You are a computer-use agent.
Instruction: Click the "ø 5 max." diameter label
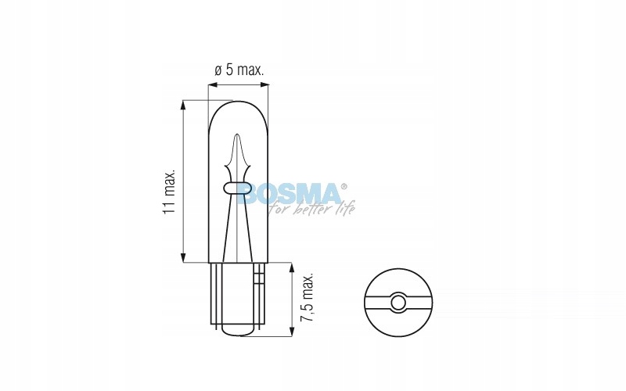click(x=239, y=70)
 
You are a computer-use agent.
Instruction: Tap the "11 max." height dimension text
click(x=169, y=192)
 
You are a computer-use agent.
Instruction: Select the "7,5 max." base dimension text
click(x=307, y=298)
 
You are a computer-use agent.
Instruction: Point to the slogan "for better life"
click(x=311, y=208)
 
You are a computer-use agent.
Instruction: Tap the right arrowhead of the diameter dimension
click(x=264, y=84)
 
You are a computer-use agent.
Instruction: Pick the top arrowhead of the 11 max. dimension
click(x=183, y=105)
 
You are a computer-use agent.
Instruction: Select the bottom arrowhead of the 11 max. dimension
click(x=183, y=258)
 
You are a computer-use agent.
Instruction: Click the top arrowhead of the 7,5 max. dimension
click(x=292, y=267)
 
